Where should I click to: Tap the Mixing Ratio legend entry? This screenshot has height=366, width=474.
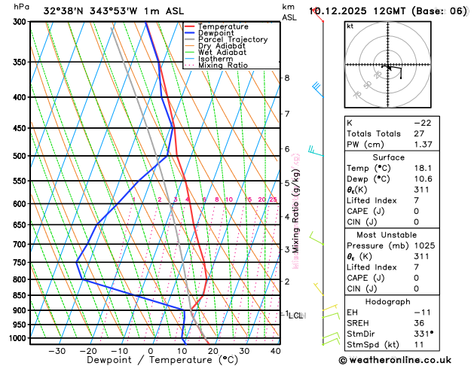pos(226,65)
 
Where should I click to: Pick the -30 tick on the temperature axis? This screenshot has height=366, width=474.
pos(56,350)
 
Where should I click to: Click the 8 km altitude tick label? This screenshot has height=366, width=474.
pos(286,78)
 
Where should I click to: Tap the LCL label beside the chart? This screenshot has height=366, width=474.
pos(295,316)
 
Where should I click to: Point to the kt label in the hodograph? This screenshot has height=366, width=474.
pos(350,26)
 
